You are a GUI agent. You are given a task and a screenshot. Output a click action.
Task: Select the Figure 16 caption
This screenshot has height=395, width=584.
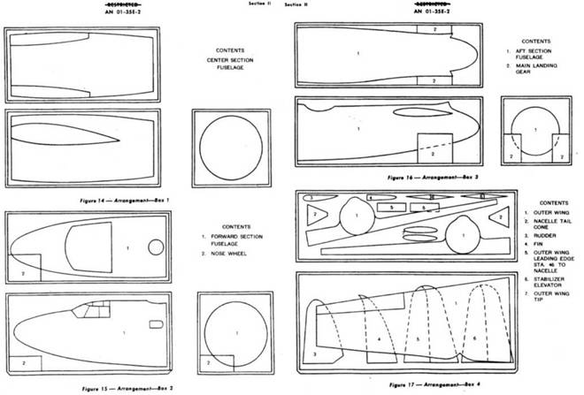(423, 177)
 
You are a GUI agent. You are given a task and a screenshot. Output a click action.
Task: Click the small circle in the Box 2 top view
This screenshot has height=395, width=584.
(157, 247)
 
